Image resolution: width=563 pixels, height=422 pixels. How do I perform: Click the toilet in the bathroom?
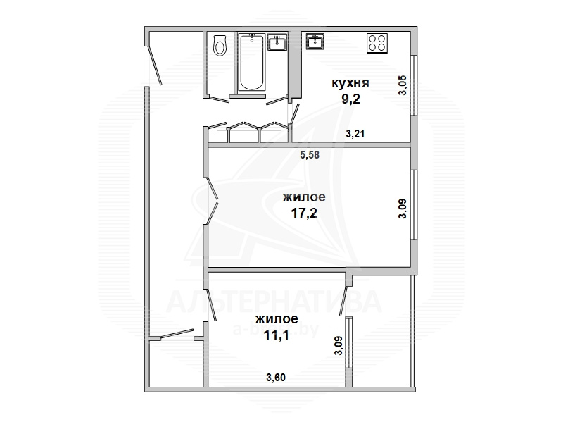pyautogui.click(x=220, y=45)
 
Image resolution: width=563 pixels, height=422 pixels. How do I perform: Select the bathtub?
pyautogui.click(x=251, y=62)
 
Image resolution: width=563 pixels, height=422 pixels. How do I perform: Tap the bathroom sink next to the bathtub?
pyautogui.click(x=277, y=42)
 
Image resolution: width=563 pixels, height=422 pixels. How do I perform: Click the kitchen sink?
pyautogui.click(x=315, y=42)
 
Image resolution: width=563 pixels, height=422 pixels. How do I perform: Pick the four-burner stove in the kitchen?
pyautogui.click(x=377, y=44)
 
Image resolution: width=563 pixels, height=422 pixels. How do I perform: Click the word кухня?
pyautogui.click(x=350, y=83)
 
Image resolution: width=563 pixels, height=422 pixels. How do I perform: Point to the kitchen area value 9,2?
pyautogui.click(x=350, y=99)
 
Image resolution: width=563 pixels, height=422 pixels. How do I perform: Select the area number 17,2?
pyautogui.click(x=304, y=213)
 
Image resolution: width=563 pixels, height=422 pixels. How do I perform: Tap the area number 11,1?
pyautogui.click(x=277, y=335)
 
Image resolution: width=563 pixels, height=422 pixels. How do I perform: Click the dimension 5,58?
pyautogui.click(x=310, y=155)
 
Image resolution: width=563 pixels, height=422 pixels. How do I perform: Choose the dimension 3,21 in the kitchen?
pyautogui.click(x=355, y=134)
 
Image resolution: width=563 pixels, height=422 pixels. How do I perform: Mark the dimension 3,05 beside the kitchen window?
pyautogui.click(x=403, y=85)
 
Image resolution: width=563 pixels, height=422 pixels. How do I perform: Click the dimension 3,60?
pyautogui.click(x=276, y=378)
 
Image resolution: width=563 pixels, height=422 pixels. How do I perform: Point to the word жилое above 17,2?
pyautogui.click(x=304, y=197)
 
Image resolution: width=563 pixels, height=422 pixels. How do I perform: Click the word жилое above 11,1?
pyautogui.click(x=277, y=319)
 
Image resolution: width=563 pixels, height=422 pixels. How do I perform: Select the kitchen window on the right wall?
pyautogui.click(x=414, y=85)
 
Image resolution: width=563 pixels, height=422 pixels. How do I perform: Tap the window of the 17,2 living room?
pyautogui.click(x=414, y=204)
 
